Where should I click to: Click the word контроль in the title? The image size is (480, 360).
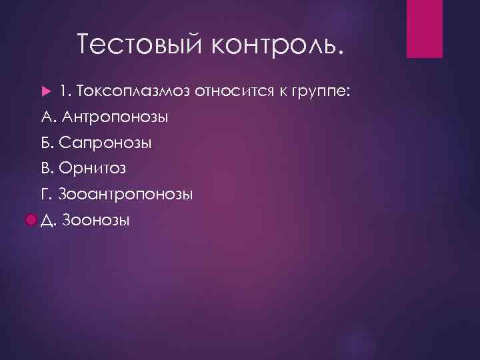point(279,44)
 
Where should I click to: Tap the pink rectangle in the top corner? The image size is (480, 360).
point(425,29)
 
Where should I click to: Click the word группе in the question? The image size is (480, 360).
point(319,92)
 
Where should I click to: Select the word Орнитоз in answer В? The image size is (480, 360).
point(96,168)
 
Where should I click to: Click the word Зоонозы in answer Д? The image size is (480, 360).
point(96,220)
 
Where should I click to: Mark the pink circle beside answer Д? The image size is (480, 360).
point(31,220)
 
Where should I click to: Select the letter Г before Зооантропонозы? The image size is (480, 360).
point(45,194)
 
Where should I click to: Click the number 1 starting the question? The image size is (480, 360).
point(63,91)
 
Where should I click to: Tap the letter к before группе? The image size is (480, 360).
point(281,91)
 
